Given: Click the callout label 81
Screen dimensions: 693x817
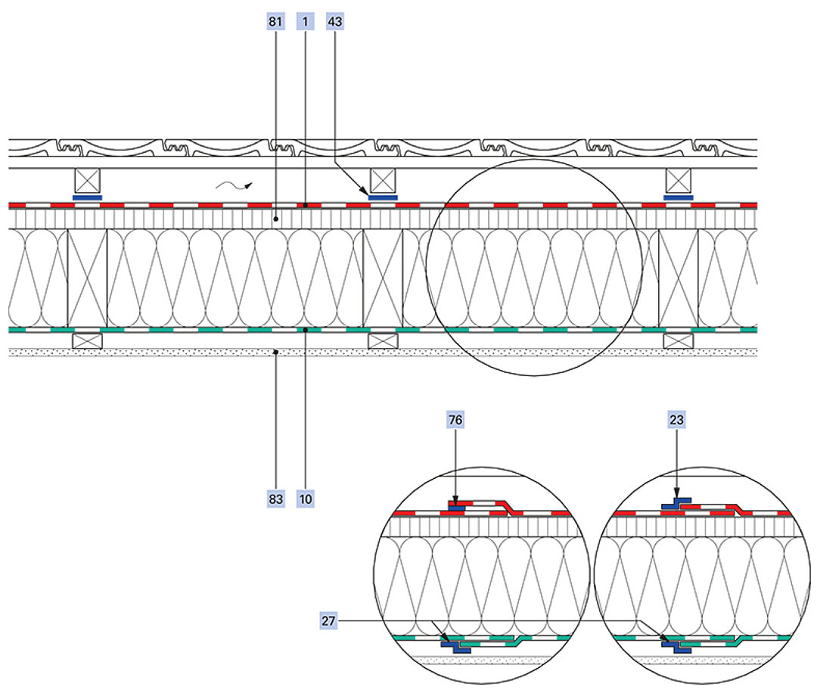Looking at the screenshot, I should [x=275, y=23].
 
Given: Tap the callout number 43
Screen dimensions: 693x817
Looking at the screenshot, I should [x=334, y=23].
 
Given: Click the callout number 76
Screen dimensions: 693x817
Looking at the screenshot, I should [x=456, y=418].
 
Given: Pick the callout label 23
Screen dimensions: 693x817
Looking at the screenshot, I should [x=677, y=418].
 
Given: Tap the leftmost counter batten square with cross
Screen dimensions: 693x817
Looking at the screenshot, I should [x=88, y=181].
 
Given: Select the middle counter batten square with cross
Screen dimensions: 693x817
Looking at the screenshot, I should [x=384, y=181].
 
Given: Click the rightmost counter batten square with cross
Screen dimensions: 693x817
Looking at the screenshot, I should [x=679, y=181].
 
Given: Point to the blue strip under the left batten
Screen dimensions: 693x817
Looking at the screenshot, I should [x=88, y=197].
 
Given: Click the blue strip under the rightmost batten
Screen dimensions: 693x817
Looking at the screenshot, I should [x=679, y=197].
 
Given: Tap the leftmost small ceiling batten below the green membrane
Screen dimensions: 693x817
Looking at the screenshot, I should [x=87, y=340].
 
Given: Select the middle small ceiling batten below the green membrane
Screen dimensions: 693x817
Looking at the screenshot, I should [x=383, y=340].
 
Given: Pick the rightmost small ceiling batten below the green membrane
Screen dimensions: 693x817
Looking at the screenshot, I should [x=679, y=340].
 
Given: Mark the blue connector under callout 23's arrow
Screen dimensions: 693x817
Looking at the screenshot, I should [x=675, y=504].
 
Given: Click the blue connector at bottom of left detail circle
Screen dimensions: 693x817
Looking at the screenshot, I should [x=456, y=645].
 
